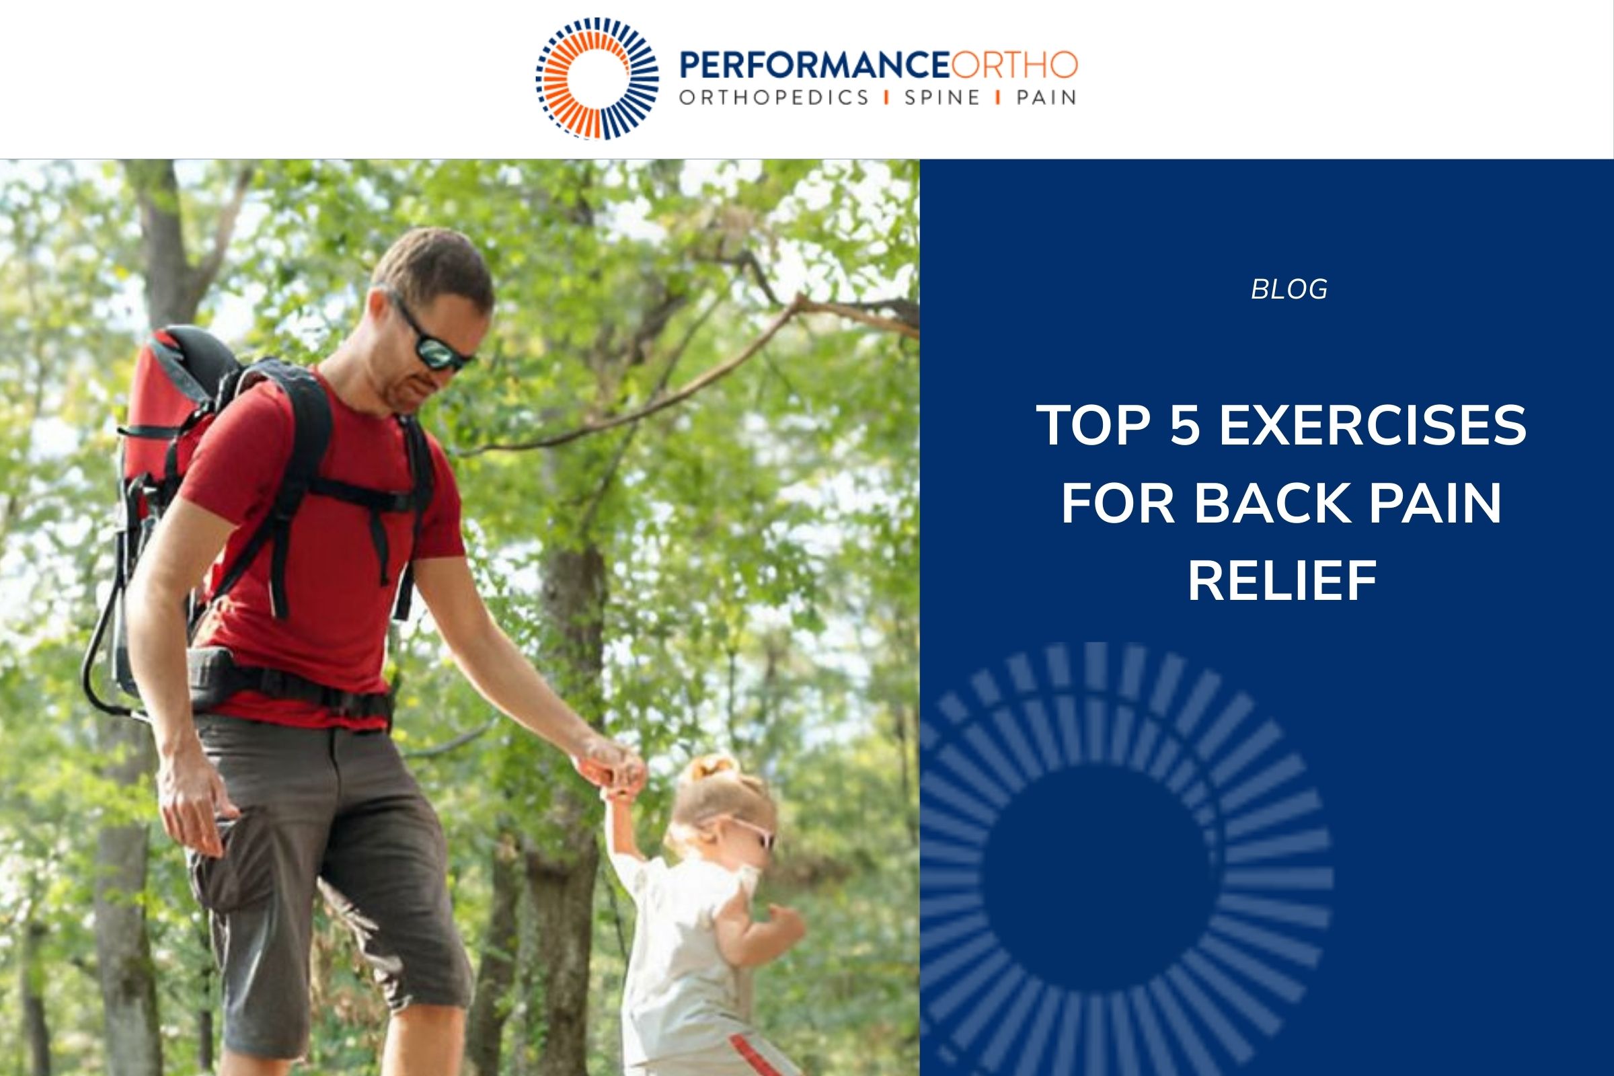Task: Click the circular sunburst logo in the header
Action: [597, 78]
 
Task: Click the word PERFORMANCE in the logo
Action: [814, 65]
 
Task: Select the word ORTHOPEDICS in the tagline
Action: [774, 98]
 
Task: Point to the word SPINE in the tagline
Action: [943, 98]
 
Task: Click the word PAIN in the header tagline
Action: [1046, 98]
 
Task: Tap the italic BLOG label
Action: [1289, 290]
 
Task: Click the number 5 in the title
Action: [1184, 425]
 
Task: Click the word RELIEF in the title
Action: [1282, 581]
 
